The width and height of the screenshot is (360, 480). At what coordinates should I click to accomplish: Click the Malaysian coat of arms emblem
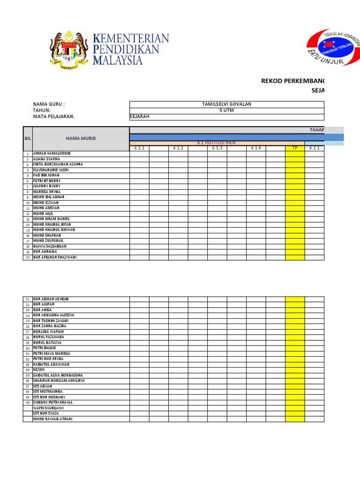point(69,48)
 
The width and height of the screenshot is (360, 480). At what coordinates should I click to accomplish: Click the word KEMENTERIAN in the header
point(131,38)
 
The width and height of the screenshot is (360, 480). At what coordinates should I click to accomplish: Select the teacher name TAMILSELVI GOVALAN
point(226,104)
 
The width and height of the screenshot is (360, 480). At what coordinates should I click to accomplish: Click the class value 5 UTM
point(226,111)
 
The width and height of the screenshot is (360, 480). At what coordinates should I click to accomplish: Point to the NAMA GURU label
point(49,104)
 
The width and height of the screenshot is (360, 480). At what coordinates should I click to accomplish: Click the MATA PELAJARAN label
point(54,117)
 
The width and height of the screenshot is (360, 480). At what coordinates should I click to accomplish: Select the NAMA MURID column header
point(81,138)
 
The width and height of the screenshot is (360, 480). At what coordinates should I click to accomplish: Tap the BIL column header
point(28,138)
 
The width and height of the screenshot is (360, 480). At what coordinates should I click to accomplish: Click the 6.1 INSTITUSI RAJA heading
point(217,142)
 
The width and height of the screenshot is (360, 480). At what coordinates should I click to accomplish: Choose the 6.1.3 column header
point(217,148)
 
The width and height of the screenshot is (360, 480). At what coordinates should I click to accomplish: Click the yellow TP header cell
point(295,148)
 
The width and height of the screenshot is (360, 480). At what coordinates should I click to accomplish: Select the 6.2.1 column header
point(314,148)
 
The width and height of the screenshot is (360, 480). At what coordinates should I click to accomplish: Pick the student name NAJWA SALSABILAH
point(50,246)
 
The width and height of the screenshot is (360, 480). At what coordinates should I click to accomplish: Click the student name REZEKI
point(39,370)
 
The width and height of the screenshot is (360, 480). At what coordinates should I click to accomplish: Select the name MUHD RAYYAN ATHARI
point(52,419)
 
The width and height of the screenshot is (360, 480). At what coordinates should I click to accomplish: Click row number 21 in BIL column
point(28,299)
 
